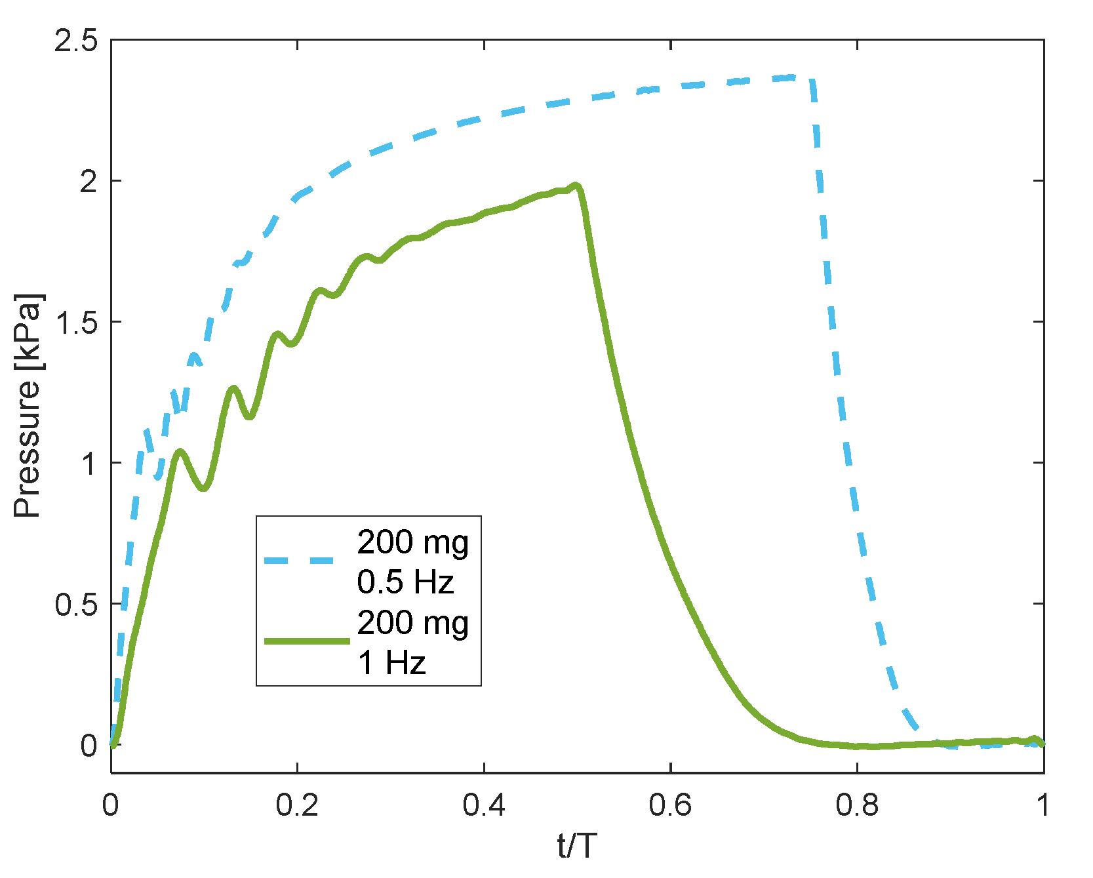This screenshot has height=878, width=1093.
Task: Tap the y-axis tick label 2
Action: tap(89, 182)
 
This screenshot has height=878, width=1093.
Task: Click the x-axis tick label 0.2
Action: tap(297, 805)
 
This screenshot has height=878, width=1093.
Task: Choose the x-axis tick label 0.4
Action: tap(484, 805)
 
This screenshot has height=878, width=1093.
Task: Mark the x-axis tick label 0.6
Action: tap(670, 805)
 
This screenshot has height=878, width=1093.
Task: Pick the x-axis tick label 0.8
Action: tap(857, 805)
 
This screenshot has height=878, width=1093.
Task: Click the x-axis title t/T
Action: tap(577, 846)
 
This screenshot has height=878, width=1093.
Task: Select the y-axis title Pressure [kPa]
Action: tap(28, 406)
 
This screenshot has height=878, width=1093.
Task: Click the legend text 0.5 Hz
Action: tap(405, 582)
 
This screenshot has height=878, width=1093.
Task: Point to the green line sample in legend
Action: tap(306, 641)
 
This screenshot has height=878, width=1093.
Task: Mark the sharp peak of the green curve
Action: tap(576, 186)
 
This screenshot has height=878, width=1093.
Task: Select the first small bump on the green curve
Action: tap(180, 451)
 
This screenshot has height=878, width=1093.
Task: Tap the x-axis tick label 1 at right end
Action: tap(1043, 805)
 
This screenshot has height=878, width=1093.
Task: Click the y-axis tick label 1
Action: tap(89, 464)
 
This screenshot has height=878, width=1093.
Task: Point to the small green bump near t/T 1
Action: tap(1034, 739)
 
